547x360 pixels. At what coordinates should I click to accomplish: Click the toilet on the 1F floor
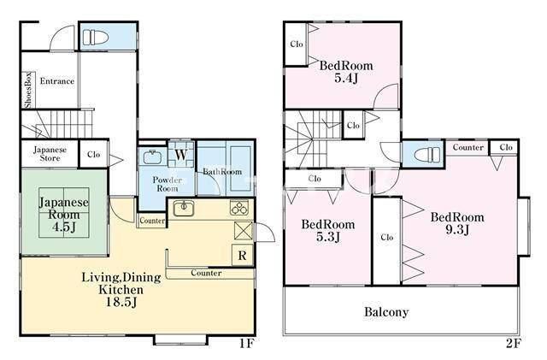coord(95,37)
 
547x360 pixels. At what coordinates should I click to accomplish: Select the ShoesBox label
coord(28,90)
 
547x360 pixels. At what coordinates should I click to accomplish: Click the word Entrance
coord(57,81)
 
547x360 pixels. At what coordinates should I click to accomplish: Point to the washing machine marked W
coord(180,154)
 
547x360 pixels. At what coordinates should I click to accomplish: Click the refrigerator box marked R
coord(243,255)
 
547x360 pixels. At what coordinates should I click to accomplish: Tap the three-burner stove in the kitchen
coord(239,208)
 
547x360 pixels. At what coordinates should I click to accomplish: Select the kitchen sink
coord(184,209)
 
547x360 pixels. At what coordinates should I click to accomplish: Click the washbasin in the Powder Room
coord(152,156)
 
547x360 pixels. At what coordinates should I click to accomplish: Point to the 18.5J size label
coord(121,302)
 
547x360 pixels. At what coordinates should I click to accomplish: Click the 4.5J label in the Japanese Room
coord(64,227)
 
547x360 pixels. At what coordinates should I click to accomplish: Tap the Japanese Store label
coord(50,154)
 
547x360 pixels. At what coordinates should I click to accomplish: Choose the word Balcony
coord(386,312)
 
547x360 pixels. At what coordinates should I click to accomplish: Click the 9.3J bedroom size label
coord(458,229)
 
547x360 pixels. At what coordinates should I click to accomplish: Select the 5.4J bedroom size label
coord(346,78)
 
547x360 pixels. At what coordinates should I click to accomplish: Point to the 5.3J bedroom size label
coord(328,236)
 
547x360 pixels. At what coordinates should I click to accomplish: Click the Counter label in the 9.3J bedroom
coord(468,147)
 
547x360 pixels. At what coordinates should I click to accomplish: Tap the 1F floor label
coord(247,344)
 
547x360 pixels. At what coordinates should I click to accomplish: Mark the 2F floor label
coord(514,344)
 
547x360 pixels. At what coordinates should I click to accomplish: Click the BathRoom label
coord(222,171)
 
